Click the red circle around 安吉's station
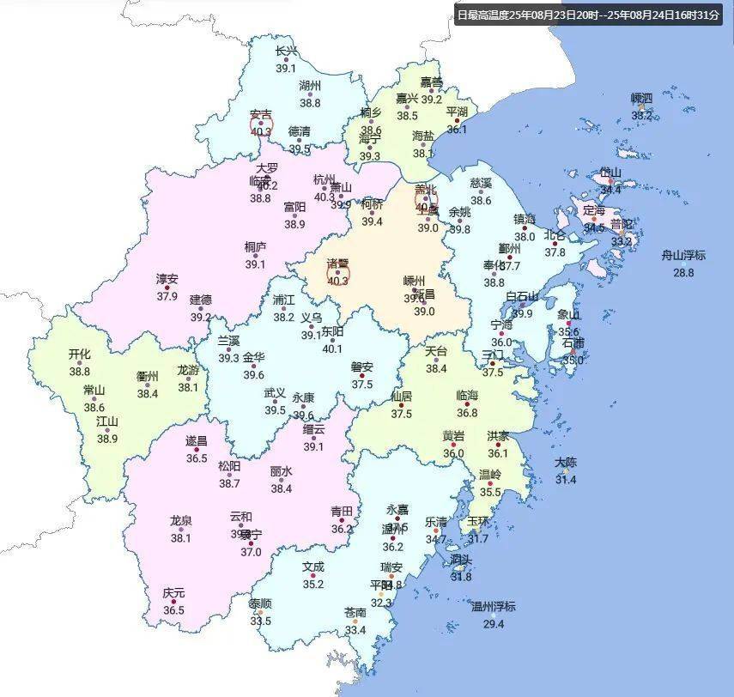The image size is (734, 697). tap(261, 125)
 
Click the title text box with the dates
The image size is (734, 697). tap(588, 15)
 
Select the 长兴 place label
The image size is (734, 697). tap(286, 52)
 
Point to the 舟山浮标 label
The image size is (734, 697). tap(683, 255)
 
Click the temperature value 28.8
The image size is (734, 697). tap(683, 273)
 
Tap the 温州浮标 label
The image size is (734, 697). tap(493, 606)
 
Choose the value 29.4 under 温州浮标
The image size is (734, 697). tap(493, 624)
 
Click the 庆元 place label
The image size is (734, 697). tap(173, 592)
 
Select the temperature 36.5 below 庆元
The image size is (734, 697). tap(173, 610)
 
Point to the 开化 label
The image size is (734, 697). tap(79, 354)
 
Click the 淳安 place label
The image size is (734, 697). tap(167, 279)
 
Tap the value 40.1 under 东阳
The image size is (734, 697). tap(332, 348)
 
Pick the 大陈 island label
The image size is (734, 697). tap(565, 462)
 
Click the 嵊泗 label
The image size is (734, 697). tap(641, 98)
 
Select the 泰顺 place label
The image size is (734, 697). tap(260, 603)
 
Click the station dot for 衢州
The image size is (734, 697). tap(148, 385)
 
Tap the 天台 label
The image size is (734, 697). tap(436, 351)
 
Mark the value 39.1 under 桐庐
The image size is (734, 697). tap(255, 264)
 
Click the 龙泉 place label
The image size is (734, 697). tap(180, 520)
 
